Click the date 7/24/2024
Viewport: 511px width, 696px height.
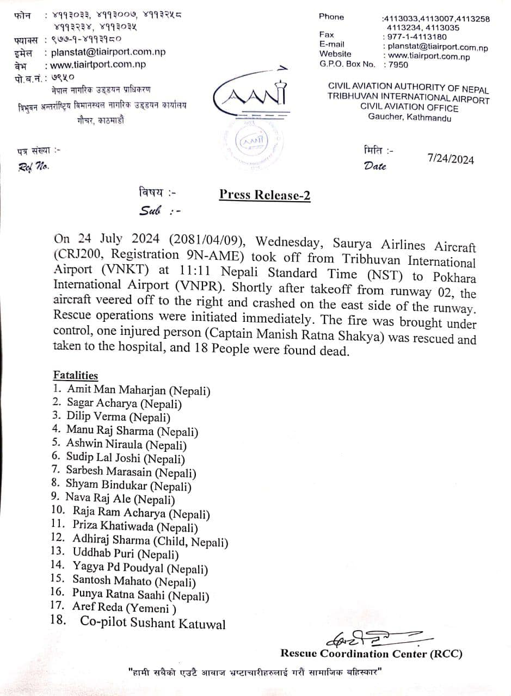(x=451, y=159)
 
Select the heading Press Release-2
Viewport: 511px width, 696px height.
(x=264, y=195)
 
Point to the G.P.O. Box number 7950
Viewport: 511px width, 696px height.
(x=396, y=65)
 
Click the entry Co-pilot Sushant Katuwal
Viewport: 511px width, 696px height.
(x=152, y=623)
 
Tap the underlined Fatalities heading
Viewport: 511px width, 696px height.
(x=76, y=375)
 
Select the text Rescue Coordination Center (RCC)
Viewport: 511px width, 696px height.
(x=372, y=654)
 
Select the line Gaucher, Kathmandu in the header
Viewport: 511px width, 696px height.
(x=409, y=117)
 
